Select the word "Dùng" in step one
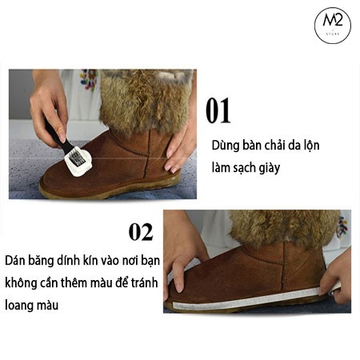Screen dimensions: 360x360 click(226, 147)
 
